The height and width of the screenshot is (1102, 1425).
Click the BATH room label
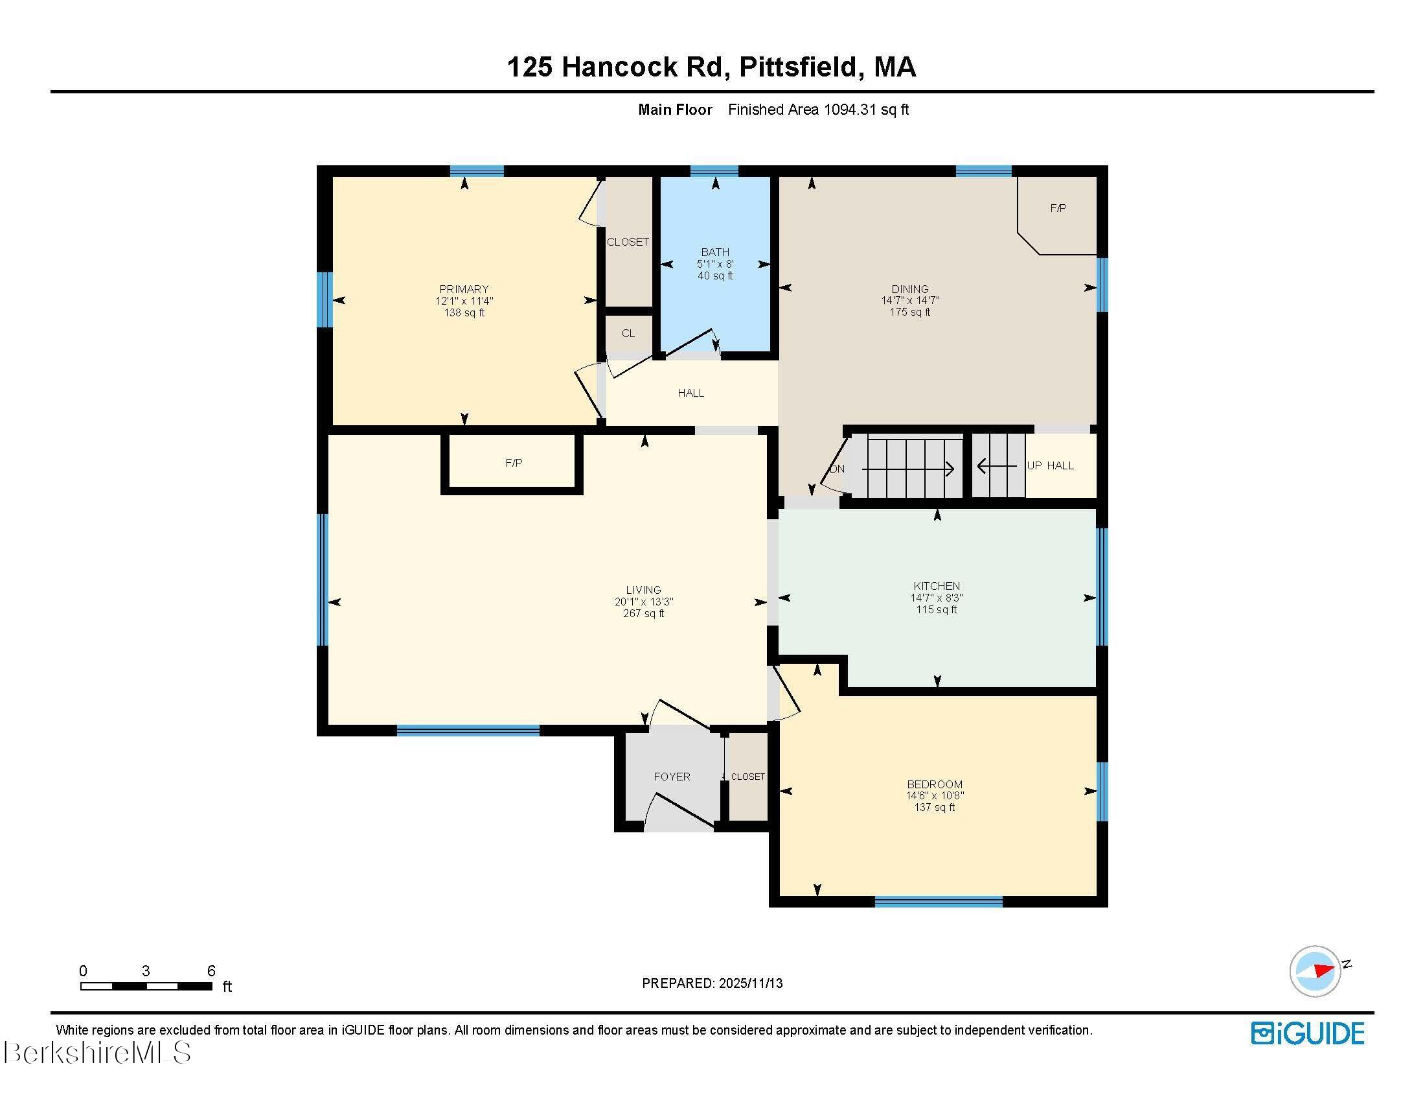[x=715, y=252]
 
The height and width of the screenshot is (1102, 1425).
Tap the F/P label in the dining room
[x=1058, y=208]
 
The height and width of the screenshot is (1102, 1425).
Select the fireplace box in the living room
[x=513, y=463]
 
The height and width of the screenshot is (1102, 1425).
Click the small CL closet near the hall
[x=628, y=334]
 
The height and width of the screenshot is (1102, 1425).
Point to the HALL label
[x=690, y=393]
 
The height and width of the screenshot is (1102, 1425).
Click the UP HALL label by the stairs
[x=1050, y=465]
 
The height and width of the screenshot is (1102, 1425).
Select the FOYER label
[x=672, y=776]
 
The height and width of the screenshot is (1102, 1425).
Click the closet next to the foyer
[x=747, y=777]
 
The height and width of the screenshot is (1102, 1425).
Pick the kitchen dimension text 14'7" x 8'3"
[x=937, y=598]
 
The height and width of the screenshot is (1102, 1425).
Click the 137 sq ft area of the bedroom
[x=934, y=808]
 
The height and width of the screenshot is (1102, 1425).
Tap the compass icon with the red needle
[x=1315, y=971]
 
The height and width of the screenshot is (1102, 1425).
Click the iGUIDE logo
[x=1308, y=1033]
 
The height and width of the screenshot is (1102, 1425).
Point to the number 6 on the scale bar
[x=211, y=971]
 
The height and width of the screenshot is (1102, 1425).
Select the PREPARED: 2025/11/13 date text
[x=712, y=983]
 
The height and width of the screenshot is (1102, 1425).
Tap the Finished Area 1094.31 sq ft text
[x=818, y=110]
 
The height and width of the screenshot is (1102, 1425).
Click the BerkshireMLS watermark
[x=97, y=1052]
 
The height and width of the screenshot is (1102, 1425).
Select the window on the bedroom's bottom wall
[x=939, y=902]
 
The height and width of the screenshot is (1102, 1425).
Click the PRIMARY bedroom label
[x=464, y=289]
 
